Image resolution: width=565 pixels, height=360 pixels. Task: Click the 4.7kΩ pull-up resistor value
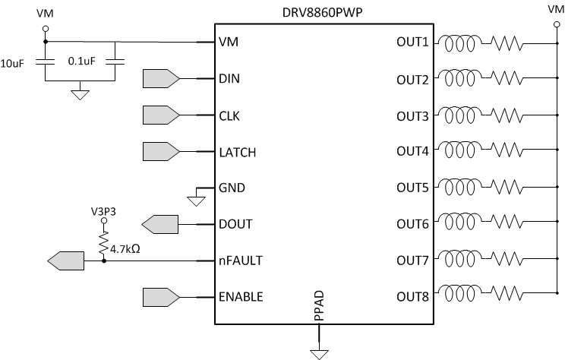[x=128, y=248]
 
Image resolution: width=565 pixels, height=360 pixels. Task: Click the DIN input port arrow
[x=160, y=78]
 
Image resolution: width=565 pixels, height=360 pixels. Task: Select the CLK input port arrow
[x=160, y=115]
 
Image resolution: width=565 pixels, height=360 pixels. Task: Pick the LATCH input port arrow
[x=160, y=151]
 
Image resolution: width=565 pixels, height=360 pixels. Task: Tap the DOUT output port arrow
[x=160, y=224]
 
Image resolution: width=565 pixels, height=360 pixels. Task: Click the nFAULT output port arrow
[x=65, y=261]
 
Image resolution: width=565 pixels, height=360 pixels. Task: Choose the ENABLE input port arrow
[x=160, y=296]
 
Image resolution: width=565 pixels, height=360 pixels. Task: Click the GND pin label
[x=231, y=188]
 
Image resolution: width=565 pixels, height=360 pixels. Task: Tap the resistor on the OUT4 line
[x=507, y=152]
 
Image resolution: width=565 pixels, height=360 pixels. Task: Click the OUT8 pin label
[x=412, y=296]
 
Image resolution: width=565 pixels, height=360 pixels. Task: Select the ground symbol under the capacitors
[x=80, y=94]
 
